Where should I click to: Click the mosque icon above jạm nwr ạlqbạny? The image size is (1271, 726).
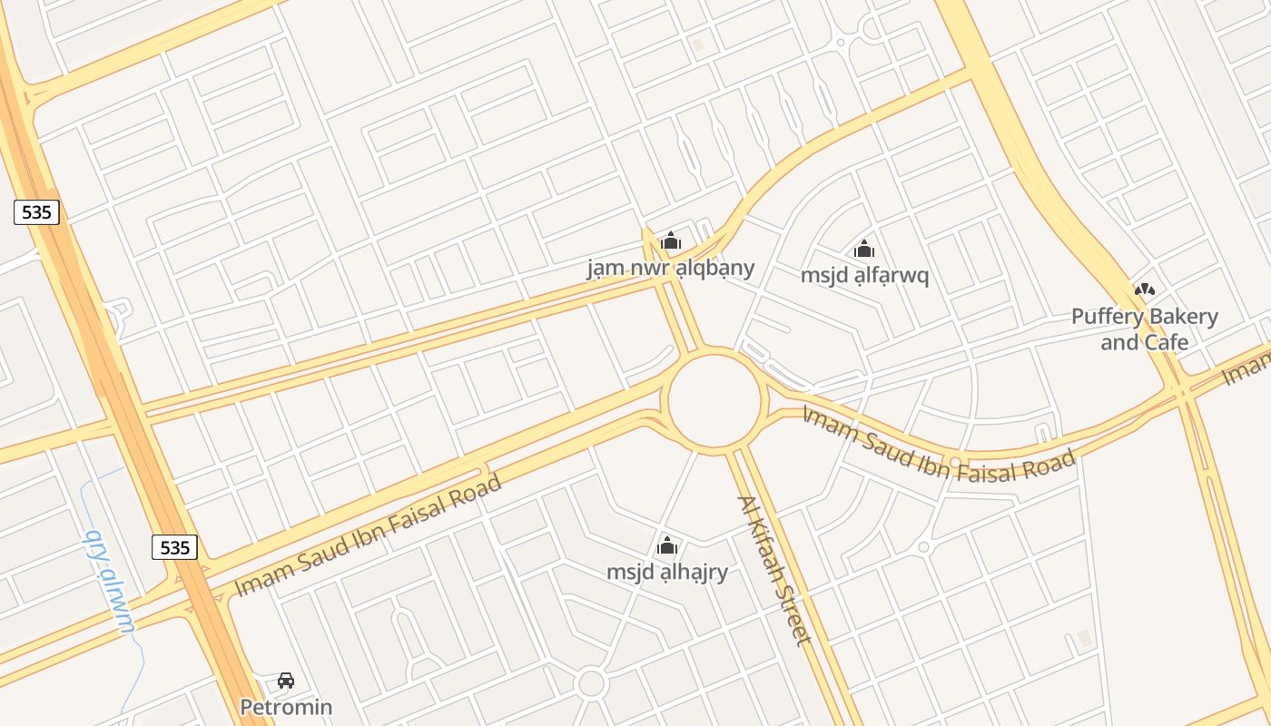[671, 241]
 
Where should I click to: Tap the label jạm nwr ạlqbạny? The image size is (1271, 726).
[671, 268]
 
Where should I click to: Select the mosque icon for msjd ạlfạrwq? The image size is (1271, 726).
[864, 249]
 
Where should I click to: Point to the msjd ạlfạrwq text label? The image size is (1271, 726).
[864, 275]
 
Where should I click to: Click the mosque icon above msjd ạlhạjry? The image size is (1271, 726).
[667, 546]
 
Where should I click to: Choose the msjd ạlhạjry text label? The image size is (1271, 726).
[667, 573]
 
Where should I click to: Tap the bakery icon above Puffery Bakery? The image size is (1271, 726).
[1145, 290]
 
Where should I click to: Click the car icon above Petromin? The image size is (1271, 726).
[286, 681]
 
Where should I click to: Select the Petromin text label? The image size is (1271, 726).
[286, 706]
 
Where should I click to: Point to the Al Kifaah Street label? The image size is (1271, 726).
[773, 570]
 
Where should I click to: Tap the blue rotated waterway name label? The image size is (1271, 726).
[109, 581]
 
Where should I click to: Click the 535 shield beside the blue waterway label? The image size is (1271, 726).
[174, 547]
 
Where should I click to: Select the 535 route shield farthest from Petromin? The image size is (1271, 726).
[37, 212]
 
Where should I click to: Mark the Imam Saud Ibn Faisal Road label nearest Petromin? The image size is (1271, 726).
[368, 535]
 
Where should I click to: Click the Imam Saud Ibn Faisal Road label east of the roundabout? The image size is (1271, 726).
[939, 446]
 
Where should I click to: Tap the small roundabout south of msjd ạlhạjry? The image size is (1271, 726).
[591, 683]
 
